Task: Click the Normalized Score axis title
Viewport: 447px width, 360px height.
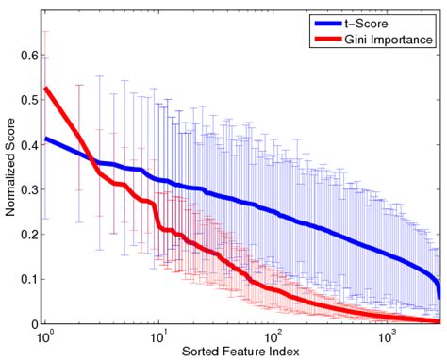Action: point(9,171)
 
